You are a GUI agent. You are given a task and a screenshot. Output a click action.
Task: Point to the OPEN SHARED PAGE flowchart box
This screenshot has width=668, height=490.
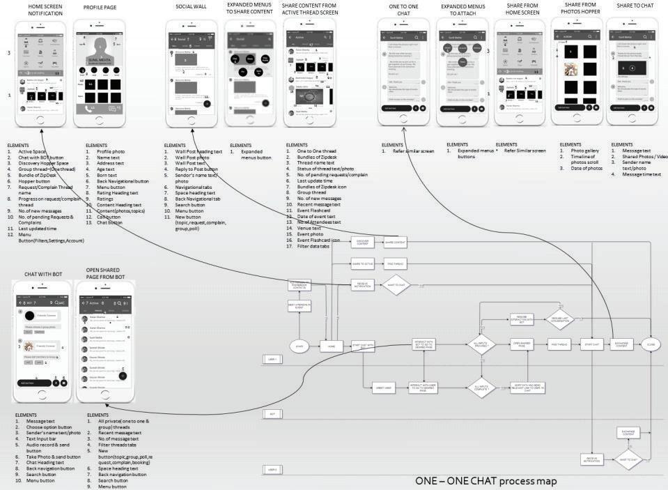(522, 344)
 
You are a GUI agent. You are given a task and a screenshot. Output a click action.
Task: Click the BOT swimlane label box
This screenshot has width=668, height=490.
(272, 414)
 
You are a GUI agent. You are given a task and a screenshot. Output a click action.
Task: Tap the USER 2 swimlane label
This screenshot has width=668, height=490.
(272, 470)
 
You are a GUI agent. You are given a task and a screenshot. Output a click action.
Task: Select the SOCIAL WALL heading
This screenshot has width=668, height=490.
(191, 8)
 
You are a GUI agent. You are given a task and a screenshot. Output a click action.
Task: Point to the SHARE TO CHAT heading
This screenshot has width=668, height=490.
(635, 7)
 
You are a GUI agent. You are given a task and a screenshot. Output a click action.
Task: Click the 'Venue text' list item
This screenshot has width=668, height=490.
(308, 227)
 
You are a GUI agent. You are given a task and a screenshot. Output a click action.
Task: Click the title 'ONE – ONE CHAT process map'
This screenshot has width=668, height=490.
(486, 481)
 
